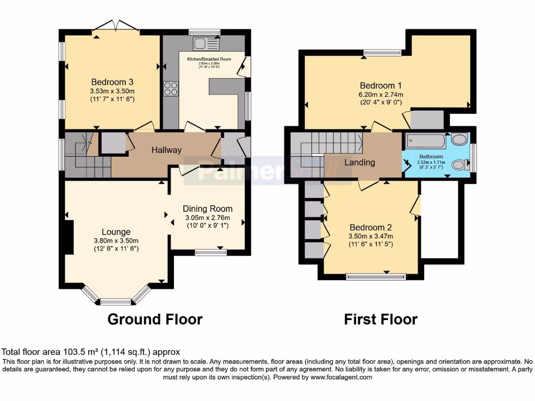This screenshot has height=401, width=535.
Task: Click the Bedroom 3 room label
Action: pos(112,82)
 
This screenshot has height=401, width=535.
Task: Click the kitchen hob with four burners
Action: pos(171,89)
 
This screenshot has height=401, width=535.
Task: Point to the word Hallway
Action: pos(167,150)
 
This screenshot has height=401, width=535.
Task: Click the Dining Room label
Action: pos(208,209)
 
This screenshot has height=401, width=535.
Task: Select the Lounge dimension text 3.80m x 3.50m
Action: pos(116,241)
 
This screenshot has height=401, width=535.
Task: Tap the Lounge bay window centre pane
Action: pos(115,301)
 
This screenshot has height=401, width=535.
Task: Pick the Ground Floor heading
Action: pos(155,319)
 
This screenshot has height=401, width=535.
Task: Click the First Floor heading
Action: pos(380,319)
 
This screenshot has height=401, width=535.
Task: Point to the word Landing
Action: pos(359,162)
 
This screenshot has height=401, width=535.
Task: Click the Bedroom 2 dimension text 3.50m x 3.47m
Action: pos(371,236)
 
